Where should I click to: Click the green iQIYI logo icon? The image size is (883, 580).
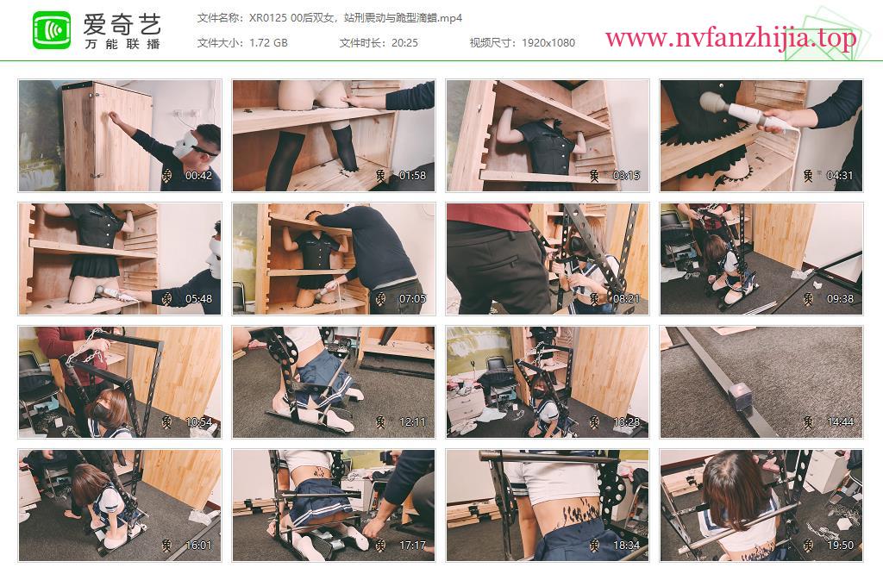[x=52, y=30]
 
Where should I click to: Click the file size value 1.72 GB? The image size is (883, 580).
[x=269, y=43]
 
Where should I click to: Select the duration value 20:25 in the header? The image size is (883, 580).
[x=405, y=43]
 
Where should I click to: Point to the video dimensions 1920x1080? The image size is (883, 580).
[x=548, y=43]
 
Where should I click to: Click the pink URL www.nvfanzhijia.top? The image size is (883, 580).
[x=731, y=38]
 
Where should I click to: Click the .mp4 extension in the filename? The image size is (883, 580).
[x=450, y=18]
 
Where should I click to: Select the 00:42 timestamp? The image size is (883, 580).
[x=199, y=176]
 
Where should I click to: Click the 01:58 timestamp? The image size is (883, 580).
[x=413, y=176]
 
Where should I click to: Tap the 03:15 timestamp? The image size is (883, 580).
[x=626, y=176]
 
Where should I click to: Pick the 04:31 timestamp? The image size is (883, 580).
[x=840, y=176]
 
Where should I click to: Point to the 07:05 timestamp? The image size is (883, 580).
[x=413, y=299]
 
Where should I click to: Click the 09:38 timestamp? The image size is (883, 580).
[x=840, y=299]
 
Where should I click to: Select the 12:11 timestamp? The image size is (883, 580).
[x=413, y=422]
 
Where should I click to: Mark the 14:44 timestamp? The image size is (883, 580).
[x=840, y=422]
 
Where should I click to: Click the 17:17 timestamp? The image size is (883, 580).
[x=413, y=546]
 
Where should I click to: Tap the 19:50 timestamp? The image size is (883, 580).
[x=840, y=546]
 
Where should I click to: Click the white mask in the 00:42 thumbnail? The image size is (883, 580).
[x=190, y=144]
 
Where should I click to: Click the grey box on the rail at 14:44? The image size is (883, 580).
[x=739, y=394]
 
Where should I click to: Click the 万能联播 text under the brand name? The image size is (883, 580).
[x=122, y=44]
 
